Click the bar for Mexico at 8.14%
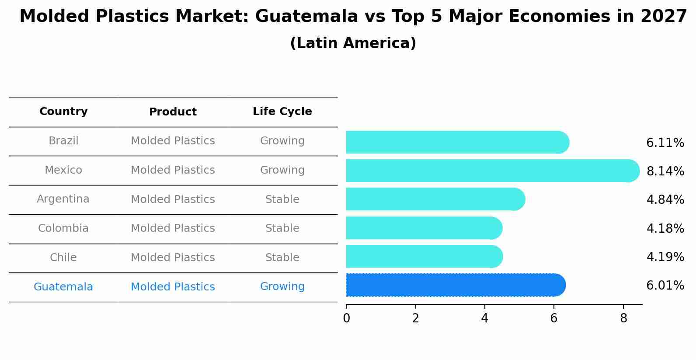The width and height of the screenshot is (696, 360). (492, 171)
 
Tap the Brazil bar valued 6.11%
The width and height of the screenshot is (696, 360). (457, 142)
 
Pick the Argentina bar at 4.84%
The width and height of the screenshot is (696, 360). (435, 199)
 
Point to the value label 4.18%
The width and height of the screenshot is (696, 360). (665, 228)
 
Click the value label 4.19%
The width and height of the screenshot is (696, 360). (665, 257)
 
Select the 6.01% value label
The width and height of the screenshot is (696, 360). (665, 286)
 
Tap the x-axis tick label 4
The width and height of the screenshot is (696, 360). (484, 318)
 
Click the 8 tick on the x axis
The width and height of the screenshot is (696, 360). (623, 318)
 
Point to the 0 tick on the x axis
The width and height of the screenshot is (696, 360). (346, 318)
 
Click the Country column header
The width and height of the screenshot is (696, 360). (63, 112)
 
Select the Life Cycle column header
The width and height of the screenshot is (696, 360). (282, 112)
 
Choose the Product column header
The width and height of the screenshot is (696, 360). (173, 112)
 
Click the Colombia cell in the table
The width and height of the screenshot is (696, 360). (63, 228)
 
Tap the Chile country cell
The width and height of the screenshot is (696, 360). (63, 258)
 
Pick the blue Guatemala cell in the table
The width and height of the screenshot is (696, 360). (63, 287)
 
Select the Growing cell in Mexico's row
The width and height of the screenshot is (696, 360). (282, 170)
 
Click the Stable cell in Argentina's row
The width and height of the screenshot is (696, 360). (282, 199)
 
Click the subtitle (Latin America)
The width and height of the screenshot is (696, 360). (353, 43)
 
